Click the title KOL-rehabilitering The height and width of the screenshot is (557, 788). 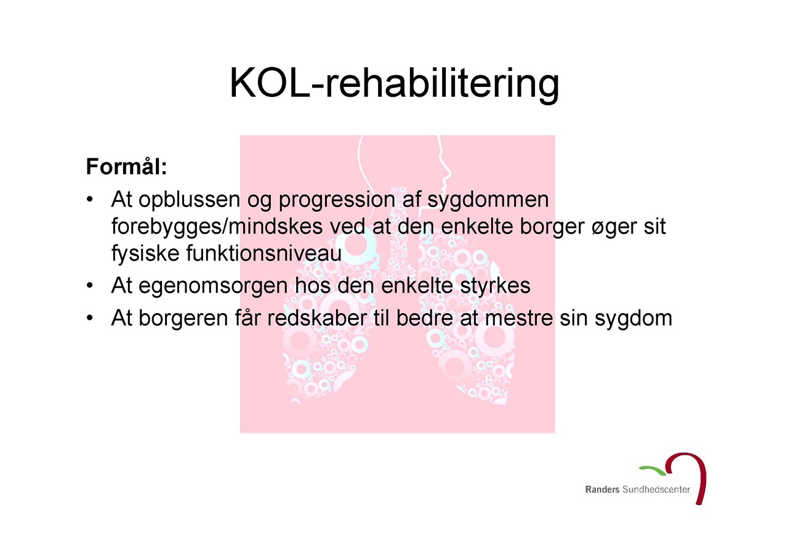click(394, 84)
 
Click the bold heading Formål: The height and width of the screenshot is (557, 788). click(127, 166)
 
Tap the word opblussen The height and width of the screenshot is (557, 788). click(189, 200)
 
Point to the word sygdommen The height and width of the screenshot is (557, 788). click(488, 200)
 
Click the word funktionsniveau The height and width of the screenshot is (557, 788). click(264, 253)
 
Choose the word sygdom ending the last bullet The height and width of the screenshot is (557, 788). click(633, 319)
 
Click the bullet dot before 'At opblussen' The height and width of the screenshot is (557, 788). click(90, 200)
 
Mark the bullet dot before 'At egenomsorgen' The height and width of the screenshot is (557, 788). click(90, 285)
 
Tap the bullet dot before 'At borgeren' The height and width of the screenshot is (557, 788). click(90, 318)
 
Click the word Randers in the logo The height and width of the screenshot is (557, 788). click(602, 489)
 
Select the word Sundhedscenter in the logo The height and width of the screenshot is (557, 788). click(656, 489)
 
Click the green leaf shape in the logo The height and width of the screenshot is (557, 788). click(652, 470)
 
